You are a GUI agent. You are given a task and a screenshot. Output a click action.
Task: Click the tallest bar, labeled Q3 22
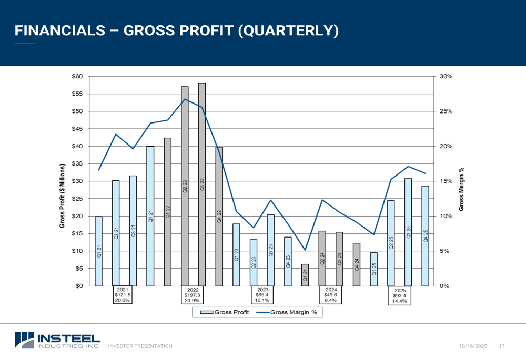tap(202, 184)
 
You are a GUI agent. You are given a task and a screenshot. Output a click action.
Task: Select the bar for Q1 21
tap(98, 251)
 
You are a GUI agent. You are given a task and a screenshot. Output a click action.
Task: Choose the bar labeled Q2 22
tap(185, 186)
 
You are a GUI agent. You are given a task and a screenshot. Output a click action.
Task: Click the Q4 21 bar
tap(150, 216)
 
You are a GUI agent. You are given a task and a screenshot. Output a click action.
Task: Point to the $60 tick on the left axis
tap(77, 76)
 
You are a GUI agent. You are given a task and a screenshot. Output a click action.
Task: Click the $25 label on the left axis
tap(77, 199)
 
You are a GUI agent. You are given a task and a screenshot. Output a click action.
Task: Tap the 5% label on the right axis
tap(444, 251)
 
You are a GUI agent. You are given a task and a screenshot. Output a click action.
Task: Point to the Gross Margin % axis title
tap(461, 189)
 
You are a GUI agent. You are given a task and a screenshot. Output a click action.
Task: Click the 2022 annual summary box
tap(193, 295)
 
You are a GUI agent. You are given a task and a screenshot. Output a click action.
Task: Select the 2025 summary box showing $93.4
tap(400, 295)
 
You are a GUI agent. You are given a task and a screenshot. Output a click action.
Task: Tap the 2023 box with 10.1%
tap(262, 295)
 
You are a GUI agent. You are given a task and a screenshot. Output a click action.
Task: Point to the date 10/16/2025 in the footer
tap(473, 346)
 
